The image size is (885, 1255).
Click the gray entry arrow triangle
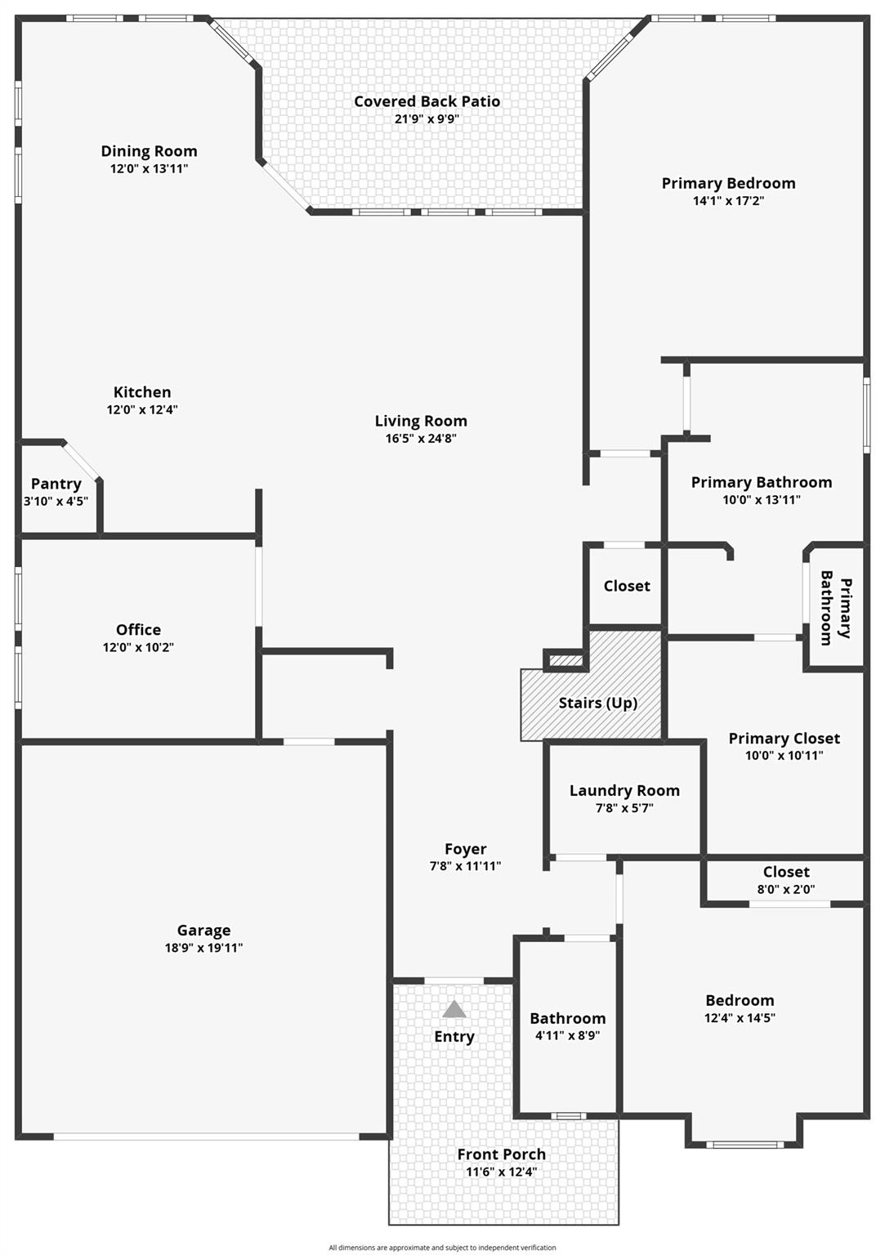454,1010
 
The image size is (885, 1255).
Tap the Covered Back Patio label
427,101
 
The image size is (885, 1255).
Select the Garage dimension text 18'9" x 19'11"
203,948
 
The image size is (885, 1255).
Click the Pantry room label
56,484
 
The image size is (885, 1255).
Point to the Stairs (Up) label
598,703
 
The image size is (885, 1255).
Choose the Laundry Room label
624,790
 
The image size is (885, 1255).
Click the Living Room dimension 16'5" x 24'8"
421,438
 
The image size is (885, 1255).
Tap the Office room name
138,629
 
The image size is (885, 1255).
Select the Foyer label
465,849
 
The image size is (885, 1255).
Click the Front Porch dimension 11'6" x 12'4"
501,1172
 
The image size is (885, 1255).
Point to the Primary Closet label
784,738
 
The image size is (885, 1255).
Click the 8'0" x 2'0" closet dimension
786,890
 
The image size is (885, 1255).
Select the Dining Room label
149,151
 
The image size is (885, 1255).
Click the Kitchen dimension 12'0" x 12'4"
142,409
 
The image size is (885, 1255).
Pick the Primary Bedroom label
728,183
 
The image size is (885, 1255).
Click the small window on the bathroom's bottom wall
568,1116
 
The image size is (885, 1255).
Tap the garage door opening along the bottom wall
206,1137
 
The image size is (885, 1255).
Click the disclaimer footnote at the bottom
442,1248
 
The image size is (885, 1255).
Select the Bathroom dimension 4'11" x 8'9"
567,1035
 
